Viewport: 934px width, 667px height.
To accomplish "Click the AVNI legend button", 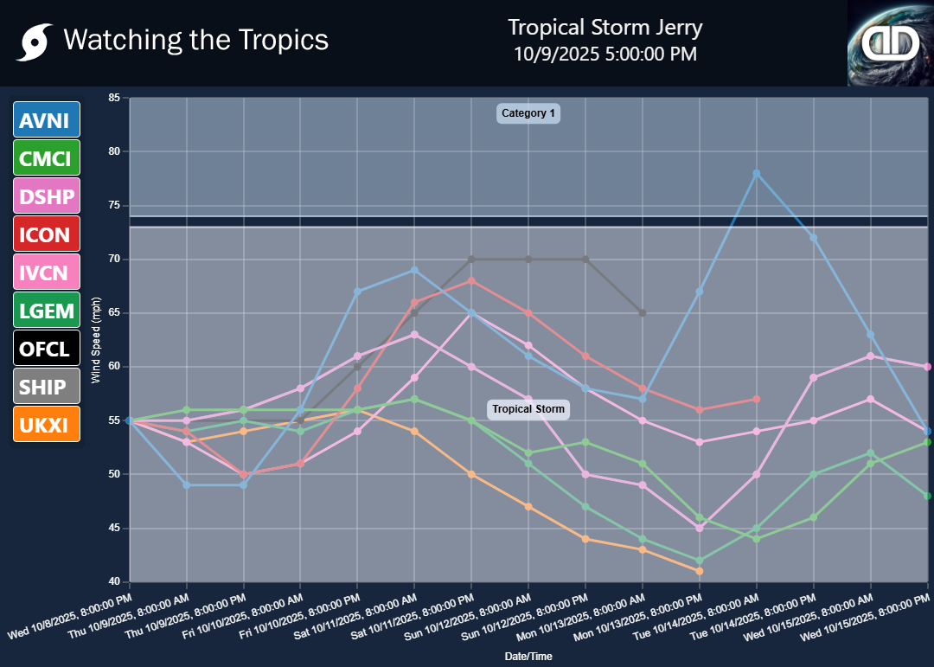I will (47, 119).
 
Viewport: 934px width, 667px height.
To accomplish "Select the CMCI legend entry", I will (47, 157).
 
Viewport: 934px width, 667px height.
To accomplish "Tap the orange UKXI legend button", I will (47, 424).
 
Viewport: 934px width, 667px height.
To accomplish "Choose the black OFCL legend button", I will (47, 348).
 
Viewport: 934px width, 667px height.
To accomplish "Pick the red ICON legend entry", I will (47, 234).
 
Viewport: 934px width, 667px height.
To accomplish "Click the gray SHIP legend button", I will (47, 386).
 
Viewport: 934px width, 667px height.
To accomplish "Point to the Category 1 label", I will (528, 113).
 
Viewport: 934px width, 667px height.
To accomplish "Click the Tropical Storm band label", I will (528, 409).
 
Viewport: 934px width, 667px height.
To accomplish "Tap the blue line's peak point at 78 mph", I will (757, 173).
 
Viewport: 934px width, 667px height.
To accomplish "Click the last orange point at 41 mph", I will (700, 571).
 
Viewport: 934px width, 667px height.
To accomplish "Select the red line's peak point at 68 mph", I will (471, 280).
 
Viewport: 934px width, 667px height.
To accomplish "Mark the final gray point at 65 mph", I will (643, 313).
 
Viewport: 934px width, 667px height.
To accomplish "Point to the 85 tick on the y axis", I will (113, 98).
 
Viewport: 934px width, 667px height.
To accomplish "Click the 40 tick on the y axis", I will (113, 581).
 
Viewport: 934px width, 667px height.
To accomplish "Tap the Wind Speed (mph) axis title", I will (97, 340).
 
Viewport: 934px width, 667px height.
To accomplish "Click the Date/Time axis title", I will (528, 657).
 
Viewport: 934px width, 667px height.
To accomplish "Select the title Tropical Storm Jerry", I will (605, 28).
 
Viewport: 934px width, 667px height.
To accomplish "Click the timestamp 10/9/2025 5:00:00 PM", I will (605, 54).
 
